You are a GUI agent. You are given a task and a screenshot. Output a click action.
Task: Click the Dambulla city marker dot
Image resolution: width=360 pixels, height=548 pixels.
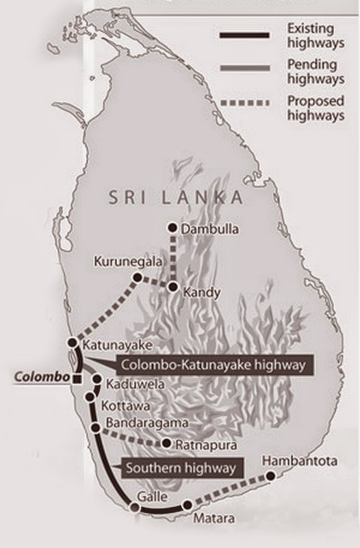173,228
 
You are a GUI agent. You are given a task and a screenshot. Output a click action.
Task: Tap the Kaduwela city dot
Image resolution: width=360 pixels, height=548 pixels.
97,379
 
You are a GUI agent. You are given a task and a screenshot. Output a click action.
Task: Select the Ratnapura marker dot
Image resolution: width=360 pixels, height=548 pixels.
167,443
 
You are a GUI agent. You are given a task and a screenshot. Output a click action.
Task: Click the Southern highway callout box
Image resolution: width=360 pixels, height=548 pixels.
183,469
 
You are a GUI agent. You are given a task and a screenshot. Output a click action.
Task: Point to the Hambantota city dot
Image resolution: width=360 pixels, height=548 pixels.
271,475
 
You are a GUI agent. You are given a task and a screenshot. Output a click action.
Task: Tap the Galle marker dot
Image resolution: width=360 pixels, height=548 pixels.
136,507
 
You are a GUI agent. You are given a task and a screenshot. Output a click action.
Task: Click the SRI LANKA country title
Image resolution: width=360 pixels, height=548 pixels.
176,198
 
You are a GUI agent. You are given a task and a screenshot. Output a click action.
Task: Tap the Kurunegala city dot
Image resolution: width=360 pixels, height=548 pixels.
138,278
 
